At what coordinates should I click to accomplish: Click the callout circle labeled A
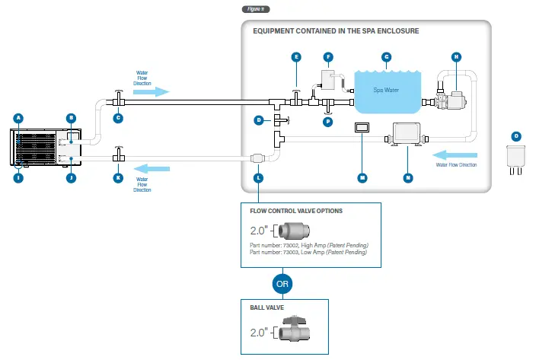click(x=19, y=118)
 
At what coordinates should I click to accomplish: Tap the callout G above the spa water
click(x=386, y=57)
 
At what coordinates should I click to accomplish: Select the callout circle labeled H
click(x=456, y=57)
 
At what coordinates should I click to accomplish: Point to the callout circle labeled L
click(x=259, y=177)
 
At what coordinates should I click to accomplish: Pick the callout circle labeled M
click(x=362, y=177)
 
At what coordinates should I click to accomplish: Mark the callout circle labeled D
click(x=259, y=120)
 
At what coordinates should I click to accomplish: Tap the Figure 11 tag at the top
click(x=255, y=9)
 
